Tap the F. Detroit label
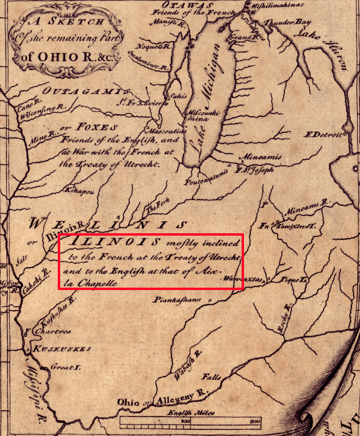pos(325,134)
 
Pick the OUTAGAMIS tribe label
pos(85,91)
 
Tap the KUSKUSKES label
pos(62,349)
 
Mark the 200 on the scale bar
pos(254,422)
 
